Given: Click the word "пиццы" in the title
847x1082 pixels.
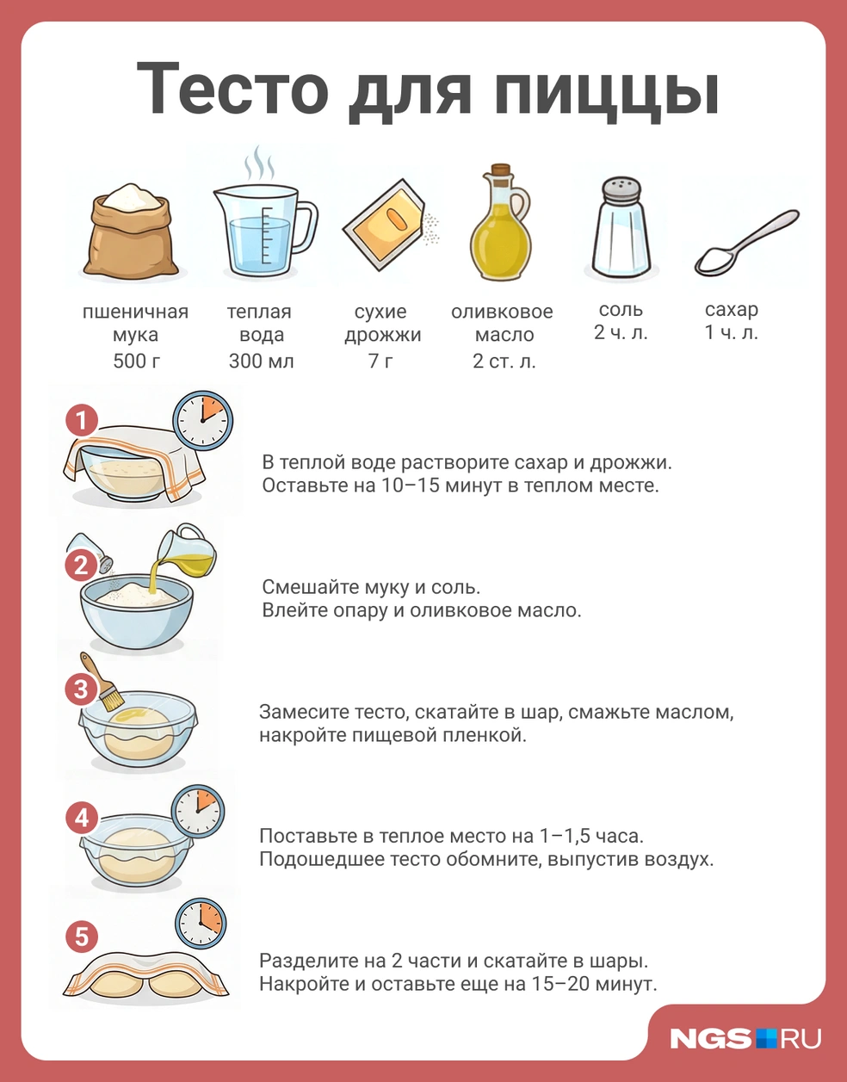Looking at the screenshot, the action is pyautogui.click(x=607, y=93).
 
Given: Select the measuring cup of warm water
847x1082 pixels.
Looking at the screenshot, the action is pyautogui.click(x=265, y=230).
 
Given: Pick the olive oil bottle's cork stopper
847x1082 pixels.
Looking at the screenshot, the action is pyautogui.click(x=500, y=170).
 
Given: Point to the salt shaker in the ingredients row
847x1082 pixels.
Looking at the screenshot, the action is pyautogui.click(x=621, y=227).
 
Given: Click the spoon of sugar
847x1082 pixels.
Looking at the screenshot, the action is pyautogui.click(x=746, y=243).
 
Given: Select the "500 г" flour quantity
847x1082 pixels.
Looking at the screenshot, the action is pyautogui.click(x=137, y=361).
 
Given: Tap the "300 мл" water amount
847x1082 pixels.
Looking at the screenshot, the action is pyautogui.click(x=261, y=361).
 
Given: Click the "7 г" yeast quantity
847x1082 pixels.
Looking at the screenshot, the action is pyautogui.click(x=381, y=361).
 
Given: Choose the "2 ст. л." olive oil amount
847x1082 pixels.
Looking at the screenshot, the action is pyautogui.click(x=504, y=361).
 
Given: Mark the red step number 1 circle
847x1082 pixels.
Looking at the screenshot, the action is pyautogui.click(x=82, y=420).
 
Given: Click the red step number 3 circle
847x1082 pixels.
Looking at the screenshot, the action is pyautogui.click(x=81, y=689).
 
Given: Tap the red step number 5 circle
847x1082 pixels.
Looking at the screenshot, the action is pyautogui.click(x=82, y=937).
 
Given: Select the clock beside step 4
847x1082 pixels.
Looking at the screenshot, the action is pyautogui.click(x=198, y=811).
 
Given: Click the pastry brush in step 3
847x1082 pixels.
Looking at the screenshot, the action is pyautogui.click(x=102, y=682).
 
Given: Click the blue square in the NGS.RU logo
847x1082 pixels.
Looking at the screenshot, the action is pyautogui.click(x=766, y=1038).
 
